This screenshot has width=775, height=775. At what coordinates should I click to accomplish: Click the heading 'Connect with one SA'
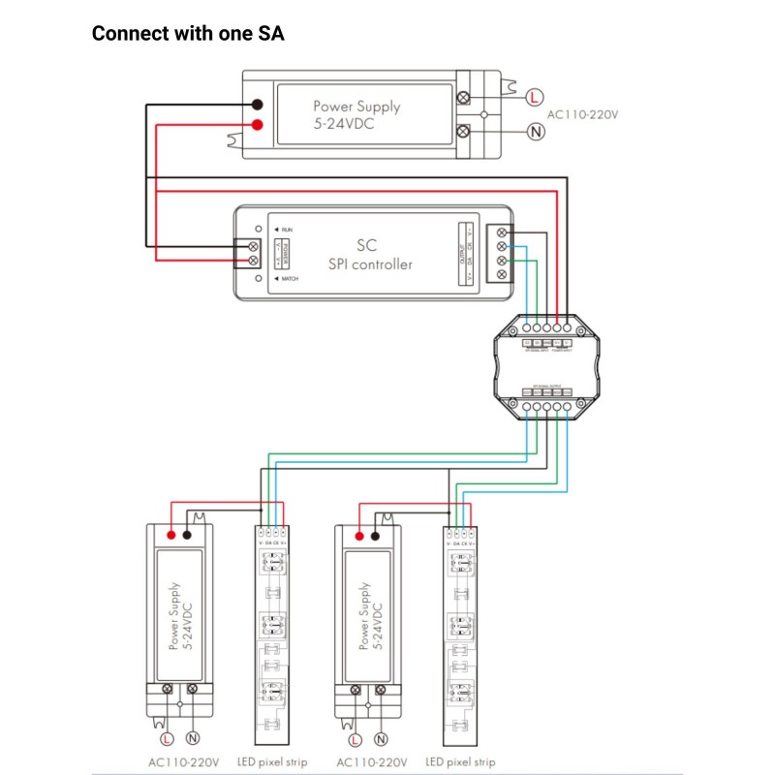click(187, 34)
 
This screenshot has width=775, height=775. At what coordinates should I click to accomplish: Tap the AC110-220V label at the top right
click(582, 114)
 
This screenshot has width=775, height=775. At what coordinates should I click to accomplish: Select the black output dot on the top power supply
click(258, 105)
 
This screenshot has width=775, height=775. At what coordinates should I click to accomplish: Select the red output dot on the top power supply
click(258, 126)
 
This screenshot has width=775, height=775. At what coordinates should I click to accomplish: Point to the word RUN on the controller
click(288, 229)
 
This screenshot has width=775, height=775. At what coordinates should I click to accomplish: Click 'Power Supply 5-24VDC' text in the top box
click(356, 114)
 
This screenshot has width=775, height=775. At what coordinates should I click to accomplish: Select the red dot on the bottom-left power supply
click(171, 534)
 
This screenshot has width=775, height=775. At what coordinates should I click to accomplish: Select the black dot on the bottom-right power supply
click(376, 534)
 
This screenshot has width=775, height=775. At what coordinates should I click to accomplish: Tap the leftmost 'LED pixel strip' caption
click(272, 762)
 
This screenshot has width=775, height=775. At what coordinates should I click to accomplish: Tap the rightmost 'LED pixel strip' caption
click(460, 762)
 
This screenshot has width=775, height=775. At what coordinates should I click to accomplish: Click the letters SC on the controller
click(366, 245)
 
